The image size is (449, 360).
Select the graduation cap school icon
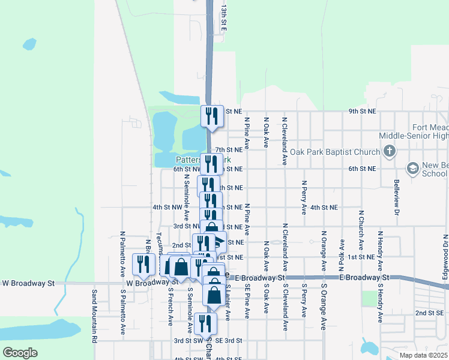pyautogui.click(x=412, y=169)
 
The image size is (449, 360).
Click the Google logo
pyautogui.click(x=20, y=352)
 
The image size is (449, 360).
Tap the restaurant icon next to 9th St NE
pyautogui.click(x=211, y=116)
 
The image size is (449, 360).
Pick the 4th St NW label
pyautogui.click(x=167, y=207)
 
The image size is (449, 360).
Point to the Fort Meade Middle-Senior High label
pyautogui.click(x=430, y=132)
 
